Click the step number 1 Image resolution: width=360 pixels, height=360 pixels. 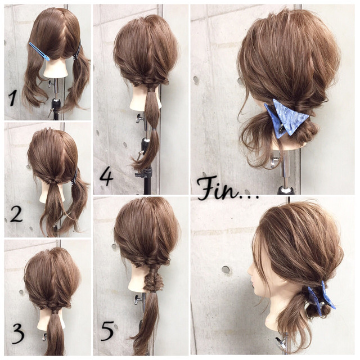pos(12,98)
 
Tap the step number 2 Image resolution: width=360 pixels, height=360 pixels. pos(16,214)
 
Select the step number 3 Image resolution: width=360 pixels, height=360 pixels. pos(17,334)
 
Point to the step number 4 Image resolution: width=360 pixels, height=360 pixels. pos(106,177)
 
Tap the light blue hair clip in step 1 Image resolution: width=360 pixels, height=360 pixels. pos(39,51)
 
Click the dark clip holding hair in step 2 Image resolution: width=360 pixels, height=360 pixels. pos(74,177)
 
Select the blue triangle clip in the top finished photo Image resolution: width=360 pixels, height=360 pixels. pos(286,119)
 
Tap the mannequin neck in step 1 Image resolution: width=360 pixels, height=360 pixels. pos(56,69)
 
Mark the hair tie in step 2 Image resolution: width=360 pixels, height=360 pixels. pos(51,183)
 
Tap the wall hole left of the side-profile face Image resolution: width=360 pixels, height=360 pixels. pos(226,269)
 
